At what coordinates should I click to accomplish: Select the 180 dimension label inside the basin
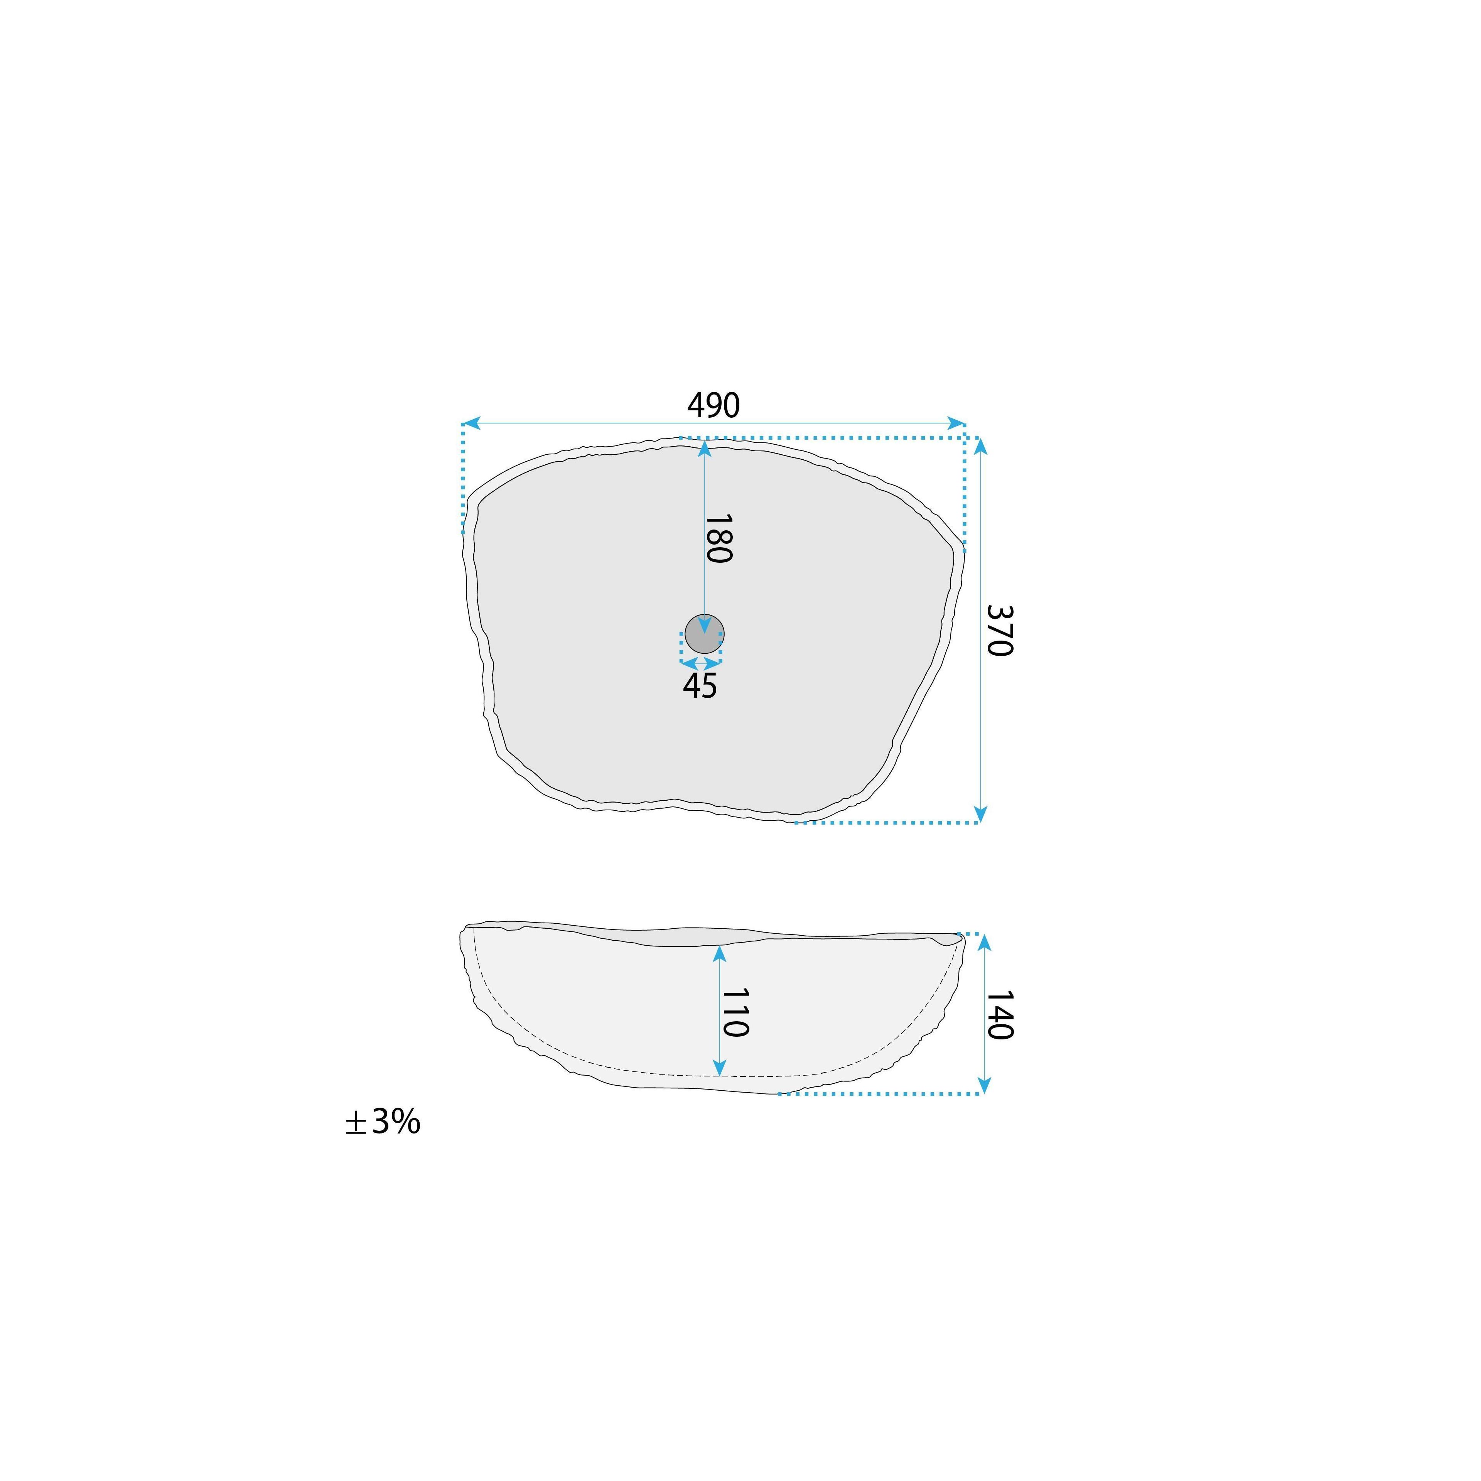tap(718, 539)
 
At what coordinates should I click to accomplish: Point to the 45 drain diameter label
tap(700, 686)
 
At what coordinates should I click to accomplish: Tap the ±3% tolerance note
tap(383, 1122)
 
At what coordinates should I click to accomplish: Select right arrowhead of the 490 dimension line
tap(956, 423)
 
